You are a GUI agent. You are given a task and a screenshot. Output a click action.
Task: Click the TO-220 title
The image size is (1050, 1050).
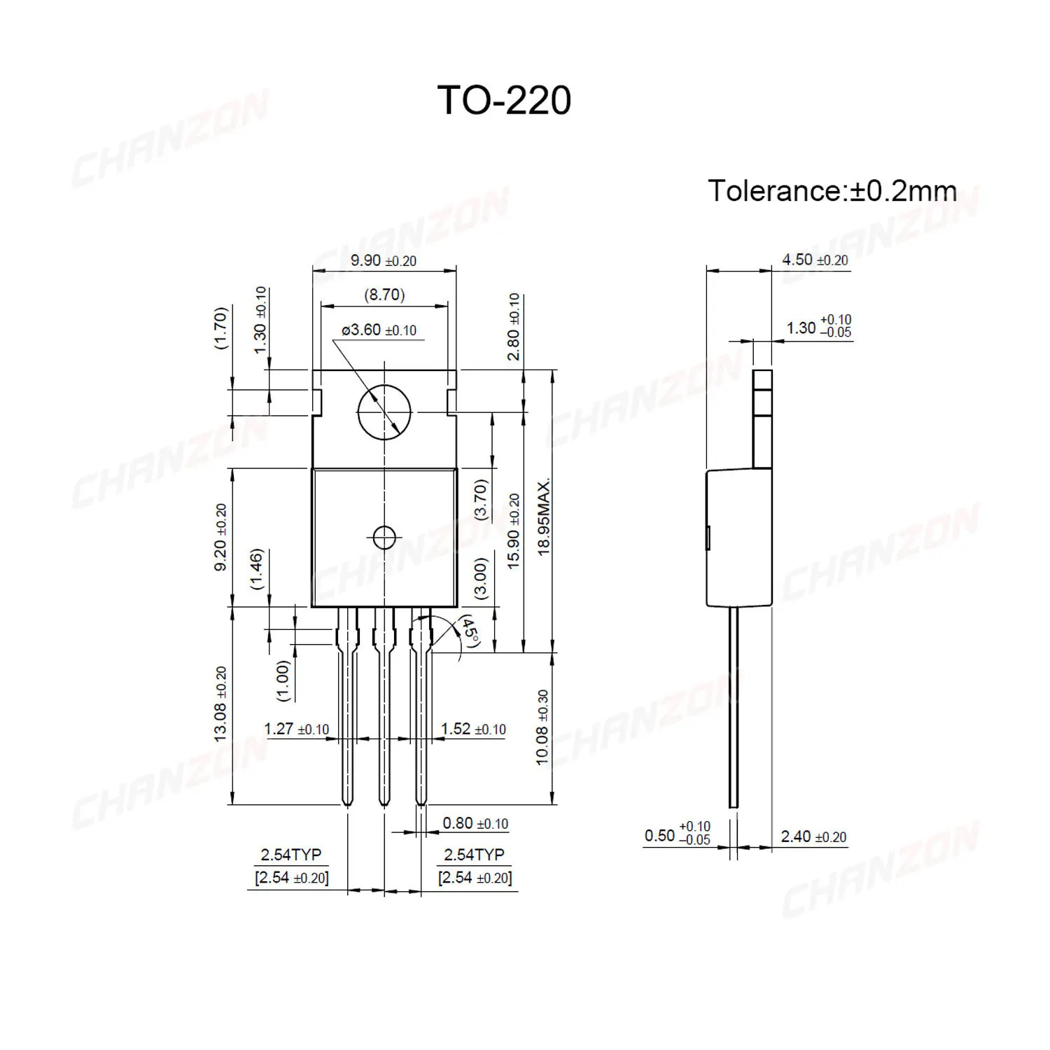click(x=504, y=101)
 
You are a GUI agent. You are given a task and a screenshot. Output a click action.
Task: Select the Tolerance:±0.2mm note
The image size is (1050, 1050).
click(x=832, y=191)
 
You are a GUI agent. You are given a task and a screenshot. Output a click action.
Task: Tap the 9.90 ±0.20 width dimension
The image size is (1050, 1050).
click(x=383, y=260)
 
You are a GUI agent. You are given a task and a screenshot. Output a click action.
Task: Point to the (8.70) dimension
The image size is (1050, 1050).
click(x=384, y=295)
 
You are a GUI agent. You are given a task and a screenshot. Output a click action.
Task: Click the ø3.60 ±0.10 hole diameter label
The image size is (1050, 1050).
click(x=379, y=330)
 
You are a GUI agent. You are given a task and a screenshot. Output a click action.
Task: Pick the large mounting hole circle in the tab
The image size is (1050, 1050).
click(x=384, y=413)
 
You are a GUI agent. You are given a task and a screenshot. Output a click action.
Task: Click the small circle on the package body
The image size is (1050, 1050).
click(x=384, y=538)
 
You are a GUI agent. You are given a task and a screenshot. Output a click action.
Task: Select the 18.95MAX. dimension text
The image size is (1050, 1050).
click(x=544, y=517)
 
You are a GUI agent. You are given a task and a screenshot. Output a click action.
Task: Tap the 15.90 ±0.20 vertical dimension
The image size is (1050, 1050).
click(x=514, y=531)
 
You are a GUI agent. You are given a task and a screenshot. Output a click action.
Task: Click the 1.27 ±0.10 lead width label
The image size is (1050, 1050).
click(x=296, y=729)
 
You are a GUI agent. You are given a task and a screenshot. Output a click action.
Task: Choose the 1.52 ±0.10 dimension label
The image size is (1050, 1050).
click(x=473, y=729)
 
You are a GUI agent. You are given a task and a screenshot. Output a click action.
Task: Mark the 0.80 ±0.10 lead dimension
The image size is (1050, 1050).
click(x=475, y=823)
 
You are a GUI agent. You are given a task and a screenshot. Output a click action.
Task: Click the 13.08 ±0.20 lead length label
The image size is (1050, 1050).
click(x=220, y=703)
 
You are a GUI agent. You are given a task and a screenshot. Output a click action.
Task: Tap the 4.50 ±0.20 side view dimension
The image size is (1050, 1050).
click(x=815, y=260)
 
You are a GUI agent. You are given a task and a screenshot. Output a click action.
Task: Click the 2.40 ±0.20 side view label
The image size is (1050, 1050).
click(x=813, y=836)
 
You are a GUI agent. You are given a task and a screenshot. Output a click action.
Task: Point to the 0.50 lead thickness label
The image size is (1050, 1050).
click(x=677, y=834)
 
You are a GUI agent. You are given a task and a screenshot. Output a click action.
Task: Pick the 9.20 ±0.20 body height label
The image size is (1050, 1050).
click(x=220, y=537)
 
